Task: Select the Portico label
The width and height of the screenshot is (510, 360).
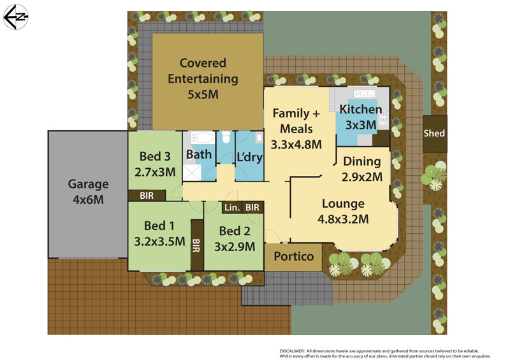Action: point(293,256)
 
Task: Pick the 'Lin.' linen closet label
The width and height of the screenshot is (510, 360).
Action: point(230,207)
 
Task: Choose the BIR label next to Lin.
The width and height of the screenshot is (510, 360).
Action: point(252,207)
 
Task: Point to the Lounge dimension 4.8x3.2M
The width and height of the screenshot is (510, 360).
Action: point(343,219)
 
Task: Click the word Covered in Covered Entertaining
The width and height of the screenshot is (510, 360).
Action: point(203,63)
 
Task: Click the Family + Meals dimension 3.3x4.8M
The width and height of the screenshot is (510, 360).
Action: point(296,144)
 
